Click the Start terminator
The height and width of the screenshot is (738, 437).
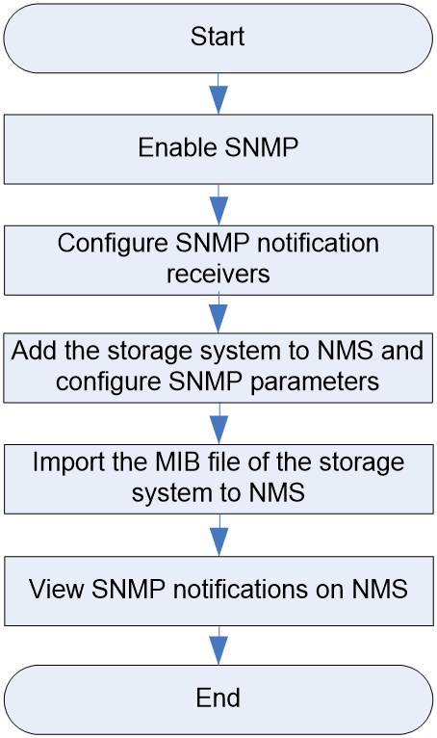[218, 39]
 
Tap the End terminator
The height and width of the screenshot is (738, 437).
[218, 699]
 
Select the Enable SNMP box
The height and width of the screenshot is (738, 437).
[218, 149]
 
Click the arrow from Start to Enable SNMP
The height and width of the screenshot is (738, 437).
[218, 93]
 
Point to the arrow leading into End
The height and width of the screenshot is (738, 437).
[218, 645]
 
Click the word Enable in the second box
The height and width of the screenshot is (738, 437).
[178, 147]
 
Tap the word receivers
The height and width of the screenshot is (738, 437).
[218, 274]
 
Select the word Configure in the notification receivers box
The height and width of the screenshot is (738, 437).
[113, 244]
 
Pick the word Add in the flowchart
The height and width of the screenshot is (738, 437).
[36, 351]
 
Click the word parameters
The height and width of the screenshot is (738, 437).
[314, 382]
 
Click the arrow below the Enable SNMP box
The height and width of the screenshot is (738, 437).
[218, 205]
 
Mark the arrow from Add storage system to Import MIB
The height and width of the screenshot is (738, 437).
[218, 424]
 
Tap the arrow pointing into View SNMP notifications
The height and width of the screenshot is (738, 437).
[218, 535]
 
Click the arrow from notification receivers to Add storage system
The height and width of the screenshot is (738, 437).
[218, 314]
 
